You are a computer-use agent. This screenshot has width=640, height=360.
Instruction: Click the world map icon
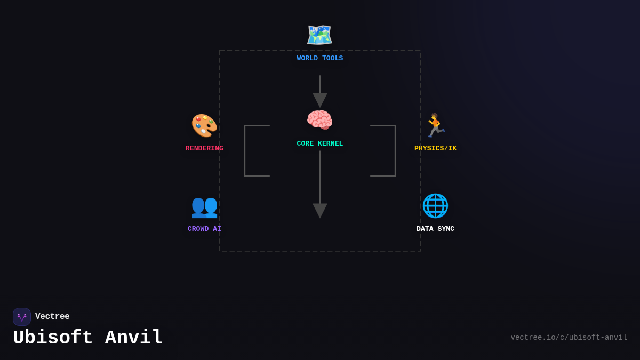(x=319, y=35)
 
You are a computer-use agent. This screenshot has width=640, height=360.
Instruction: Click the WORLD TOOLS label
(x=320, y=59)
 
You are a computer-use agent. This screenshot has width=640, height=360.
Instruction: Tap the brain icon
(x=319, y=120)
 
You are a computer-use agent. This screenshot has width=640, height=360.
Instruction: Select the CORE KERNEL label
(x=320, y=144)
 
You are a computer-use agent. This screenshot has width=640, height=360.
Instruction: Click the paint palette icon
(x=204, y=126)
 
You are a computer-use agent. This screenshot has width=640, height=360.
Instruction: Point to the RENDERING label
(x=204, y=149)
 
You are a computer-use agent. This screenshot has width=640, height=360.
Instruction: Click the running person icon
(x=435, y=126)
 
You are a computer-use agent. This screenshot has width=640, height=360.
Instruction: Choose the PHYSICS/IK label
(x=435, y=149)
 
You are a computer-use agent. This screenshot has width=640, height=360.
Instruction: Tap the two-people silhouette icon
(x=204, y=206)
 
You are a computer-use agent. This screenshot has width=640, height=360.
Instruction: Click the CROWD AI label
(x=204, y=229)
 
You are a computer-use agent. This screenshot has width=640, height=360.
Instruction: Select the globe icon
(x=435, y=206)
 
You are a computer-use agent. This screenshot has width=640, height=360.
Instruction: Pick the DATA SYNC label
(x=435, y=229)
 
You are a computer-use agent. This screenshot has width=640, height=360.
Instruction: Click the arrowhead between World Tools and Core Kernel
(x=320, y=100)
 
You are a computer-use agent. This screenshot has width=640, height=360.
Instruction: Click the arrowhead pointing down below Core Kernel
(x=320, y=210)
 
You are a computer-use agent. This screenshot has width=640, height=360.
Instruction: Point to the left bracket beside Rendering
(x=245, y=150)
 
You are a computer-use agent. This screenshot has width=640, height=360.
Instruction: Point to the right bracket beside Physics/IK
(x=395, y=150)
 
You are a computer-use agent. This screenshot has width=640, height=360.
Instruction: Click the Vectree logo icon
(x=22, y=317)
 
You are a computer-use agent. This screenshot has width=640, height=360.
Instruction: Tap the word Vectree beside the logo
(x=52, y=317)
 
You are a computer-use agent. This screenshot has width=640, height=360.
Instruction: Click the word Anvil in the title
(x=134, y=338)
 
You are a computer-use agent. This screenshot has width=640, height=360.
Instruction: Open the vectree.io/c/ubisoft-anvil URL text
(x=569, y=338)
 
